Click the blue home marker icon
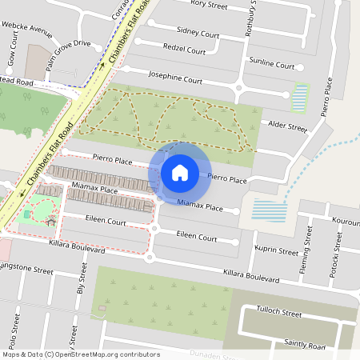point(180,172)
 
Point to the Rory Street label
point(210,5)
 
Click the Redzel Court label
point(184,50)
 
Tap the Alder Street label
point(286,126)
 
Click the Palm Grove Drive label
point(68,55)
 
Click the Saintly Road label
point(305,344)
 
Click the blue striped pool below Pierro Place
point(269,211)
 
